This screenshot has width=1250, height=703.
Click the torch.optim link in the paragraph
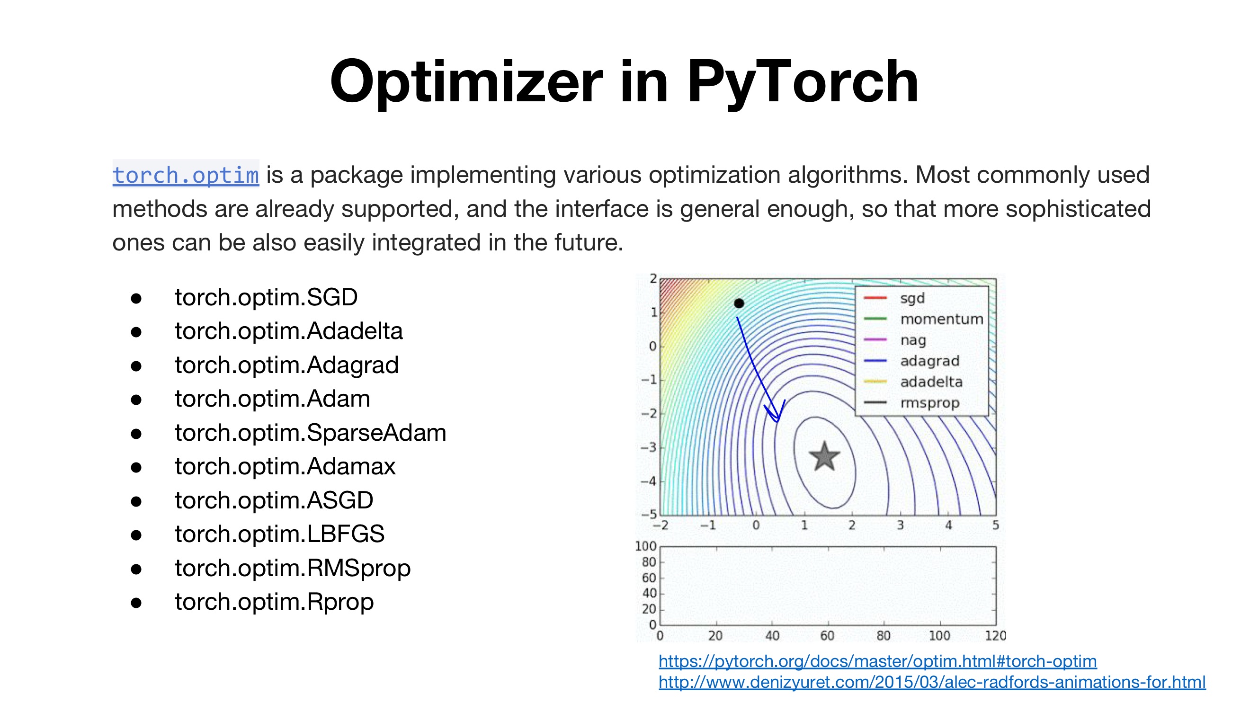(x=186, y=175)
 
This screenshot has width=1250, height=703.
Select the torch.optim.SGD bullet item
(x=266, y=297)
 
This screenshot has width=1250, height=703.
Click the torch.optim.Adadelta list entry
(x=289, y=331)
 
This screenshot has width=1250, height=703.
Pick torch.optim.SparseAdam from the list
(x=311, y=433)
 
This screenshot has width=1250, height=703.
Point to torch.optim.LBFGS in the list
(x=279, y=534)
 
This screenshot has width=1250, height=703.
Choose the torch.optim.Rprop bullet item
(x=274, y=602)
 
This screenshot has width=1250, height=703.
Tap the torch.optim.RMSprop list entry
(x=293, y=568)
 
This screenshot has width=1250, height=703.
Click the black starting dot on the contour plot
(x=739, y=303)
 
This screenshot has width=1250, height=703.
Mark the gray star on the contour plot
(x=824, y=456)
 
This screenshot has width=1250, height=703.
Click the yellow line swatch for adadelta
(x=875, y=382)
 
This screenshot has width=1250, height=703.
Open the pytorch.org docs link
(x=877, y=661)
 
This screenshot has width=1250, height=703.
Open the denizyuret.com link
(x=932, y=682)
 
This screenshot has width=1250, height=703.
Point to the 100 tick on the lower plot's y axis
(x=645, y=546)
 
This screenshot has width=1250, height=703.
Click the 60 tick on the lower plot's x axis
(x=827, y=636)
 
